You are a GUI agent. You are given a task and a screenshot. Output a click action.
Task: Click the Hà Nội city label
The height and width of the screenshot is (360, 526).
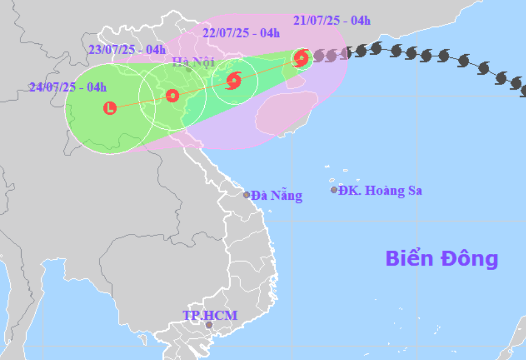(186, 61)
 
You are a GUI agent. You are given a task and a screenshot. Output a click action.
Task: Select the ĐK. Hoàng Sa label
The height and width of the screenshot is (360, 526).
(380, 191)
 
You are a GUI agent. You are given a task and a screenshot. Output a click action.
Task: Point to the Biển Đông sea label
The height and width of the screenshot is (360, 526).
(441, 259)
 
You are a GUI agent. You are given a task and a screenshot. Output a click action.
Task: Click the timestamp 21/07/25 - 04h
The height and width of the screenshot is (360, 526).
(332, 21)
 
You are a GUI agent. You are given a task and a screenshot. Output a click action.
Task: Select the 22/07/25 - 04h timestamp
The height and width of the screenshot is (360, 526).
(241, 33)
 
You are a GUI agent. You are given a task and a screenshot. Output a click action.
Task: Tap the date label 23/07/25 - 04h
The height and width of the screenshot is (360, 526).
(127, 49)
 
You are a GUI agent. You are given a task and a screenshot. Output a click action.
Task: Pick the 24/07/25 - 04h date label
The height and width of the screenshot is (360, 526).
(68, 87)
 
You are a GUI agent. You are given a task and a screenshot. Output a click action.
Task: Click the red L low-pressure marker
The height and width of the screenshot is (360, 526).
(110, 108)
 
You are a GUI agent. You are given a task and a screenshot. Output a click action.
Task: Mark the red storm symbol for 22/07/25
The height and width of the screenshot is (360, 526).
(233, 81)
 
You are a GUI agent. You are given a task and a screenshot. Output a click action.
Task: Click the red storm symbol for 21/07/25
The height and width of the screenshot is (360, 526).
(301, 57)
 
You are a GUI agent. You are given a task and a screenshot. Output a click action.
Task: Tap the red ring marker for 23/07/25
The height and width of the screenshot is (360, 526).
(172, 96)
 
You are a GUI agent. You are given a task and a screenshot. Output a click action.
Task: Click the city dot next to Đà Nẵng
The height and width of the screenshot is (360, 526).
(246, 195)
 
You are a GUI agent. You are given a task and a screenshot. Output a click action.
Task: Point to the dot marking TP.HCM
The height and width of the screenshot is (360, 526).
(209, 325)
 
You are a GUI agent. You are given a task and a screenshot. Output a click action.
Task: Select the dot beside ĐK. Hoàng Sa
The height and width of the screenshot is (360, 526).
(334, 190)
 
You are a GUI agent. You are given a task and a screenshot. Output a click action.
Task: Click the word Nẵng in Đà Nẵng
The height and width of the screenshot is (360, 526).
(287, 195)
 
